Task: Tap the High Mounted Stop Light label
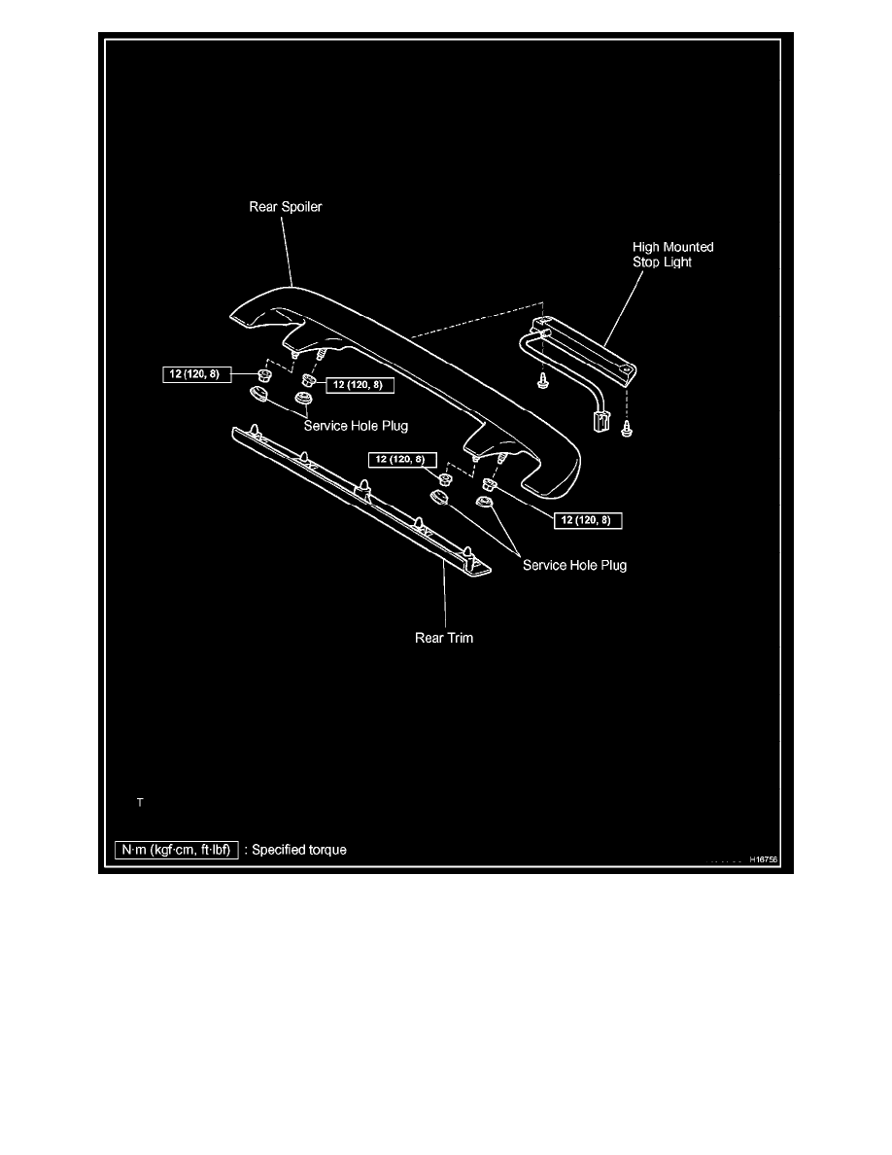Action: pyautogui.click(x=672, y=255)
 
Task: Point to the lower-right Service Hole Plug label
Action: pyautogui.click(x=574, y=565)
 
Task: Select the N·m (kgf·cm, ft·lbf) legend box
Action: pyautogui.click(x=175, y=850)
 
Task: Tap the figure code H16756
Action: pyautogui.click(x=766, y=859)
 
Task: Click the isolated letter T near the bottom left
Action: pyautogui.click(x=140, y=802)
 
